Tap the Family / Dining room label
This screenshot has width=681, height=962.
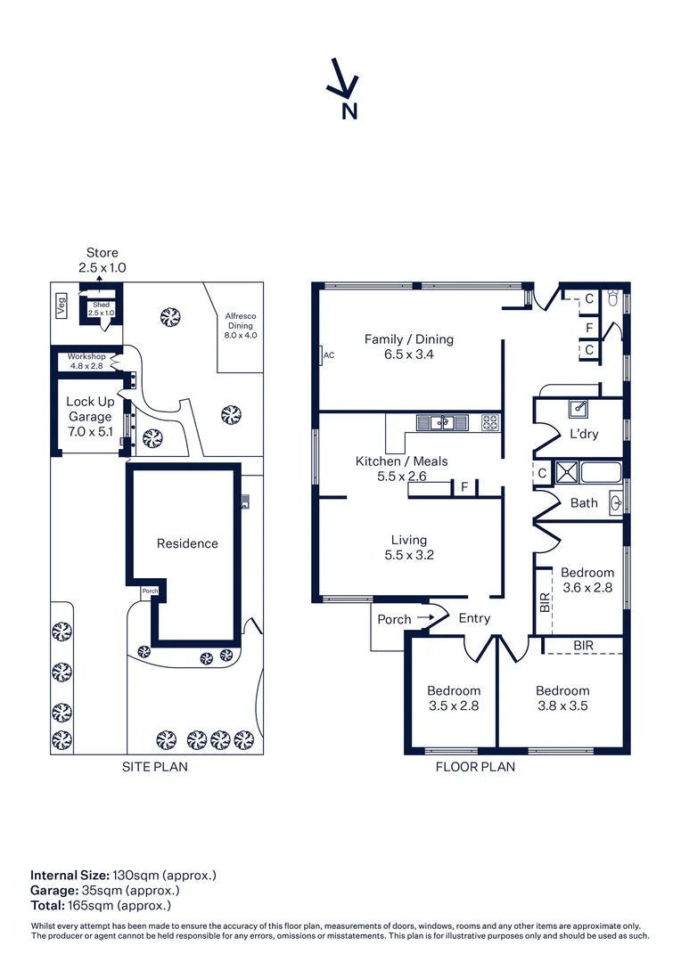click(408, 346)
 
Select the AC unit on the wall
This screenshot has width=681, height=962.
click(323, 355)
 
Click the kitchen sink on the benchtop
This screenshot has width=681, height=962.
click(441, 423)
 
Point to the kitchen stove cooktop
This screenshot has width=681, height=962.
click(490, 423)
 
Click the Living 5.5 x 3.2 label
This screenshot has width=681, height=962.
click(408, 547)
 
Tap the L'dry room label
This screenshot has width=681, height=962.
click(584, 434)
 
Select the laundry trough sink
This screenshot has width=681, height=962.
click(579, 409)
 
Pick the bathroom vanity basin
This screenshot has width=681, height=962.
click(616, 502)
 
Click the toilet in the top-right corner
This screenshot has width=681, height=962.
click(613, 298)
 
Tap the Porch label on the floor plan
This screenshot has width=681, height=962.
click(394, 619)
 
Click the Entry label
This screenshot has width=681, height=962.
click(473, 618)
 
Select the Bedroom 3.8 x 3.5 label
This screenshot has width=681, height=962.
click(562, 697)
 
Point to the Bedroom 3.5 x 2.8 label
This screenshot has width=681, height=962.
click(453, 697)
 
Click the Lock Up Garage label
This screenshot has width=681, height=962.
click(90, 416)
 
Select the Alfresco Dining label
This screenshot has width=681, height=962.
click(240, 325)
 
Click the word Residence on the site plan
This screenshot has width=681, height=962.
click(187, 543)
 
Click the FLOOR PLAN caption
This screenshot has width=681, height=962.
click(474, 766)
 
